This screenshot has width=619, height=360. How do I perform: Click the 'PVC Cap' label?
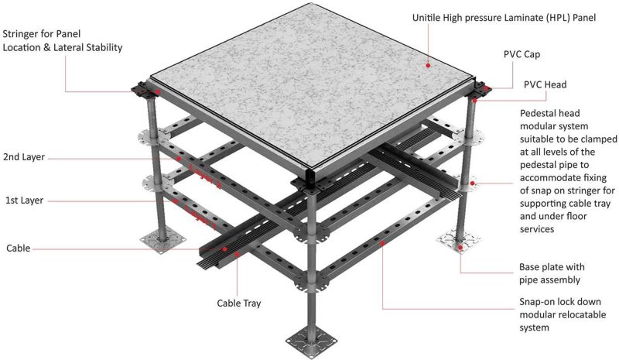tap(522, 54)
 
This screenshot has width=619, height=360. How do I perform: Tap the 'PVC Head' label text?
tap(545, 84)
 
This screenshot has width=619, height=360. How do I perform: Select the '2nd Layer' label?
tap(24, 157)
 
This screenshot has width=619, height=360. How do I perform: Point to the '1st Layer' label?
tap(24, 201)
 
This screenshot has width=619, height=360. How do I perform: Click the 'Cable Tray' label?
tap(239, 303)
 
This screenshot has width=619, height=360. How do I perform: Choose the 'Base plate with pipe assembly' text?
tap(552, 273)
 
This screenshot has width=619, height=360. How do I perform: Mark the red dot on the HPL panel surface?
tap(428, 64)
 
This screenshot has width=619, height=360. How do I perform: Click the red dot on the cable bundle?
tap(224, 249)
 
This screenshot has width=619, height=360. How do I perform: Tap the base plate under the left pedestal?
tap(162, 239)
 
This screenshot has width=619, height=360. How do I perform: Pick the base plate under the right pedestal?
tap(460, 240)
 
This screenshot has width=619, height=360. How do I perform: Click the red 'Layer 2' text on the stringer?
tap(205, 176)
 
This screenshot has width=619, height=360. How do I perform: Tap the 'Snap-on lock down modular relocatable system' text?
tap(563, 314)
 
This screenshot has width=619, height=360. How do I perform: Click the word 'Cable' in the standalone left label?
tap(18, 249)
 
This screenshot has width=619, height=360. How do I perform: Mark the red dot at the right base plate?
tap(460, 248)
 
